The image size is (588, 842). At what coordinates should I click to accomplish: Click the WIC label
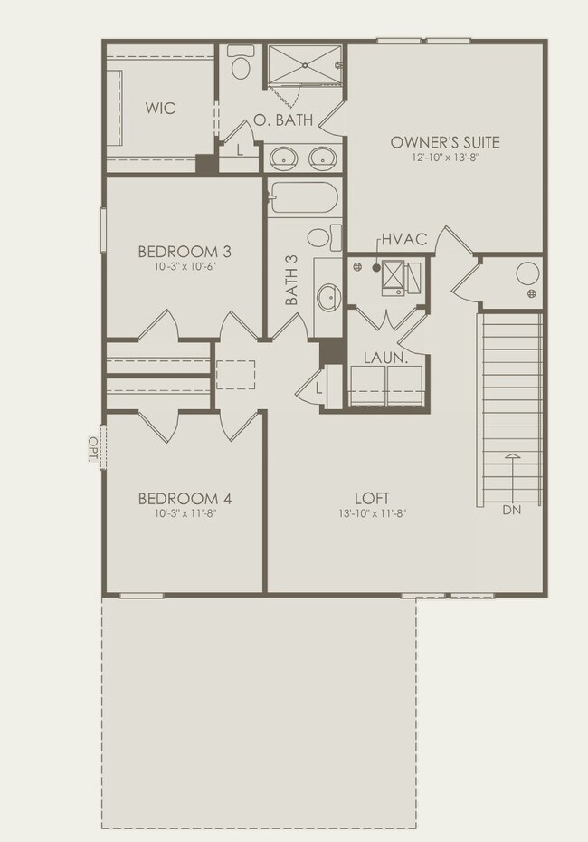click(x=160, y=109)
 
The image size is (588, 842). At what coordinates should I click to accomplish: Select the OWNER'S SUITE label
click(x=444, y=142)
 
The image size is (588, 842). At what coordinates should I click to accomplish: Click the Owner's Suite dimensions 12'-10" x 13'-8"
click(x=444, y=158)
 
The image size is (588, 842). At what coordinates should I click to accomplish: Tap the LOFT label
click(x=372, y=498)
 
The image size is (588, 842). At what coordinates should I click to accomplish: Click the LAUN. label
click(x=384, y=359)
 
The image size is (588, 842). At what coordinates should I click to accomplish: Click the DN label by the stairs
click(x=512, y=511)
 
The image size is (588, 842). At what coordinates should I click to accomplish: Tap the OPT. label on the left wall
click(x=93, y=448)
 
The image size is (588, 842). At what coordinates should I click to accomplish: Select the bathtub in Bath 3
click(x=303, y=198)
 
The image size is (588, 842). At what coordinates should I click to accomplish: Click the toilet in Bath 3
click(x=319, y=238)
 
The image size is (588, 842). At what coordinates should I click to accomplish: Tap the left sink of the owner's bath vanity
click(x=283, y=158)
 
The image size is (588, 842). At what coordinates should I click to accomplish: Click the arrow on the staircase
click(x=512, y=474)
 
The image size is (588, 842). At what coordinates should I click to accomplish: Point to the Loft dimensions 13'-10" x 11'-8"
click(x=372, y=513)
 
